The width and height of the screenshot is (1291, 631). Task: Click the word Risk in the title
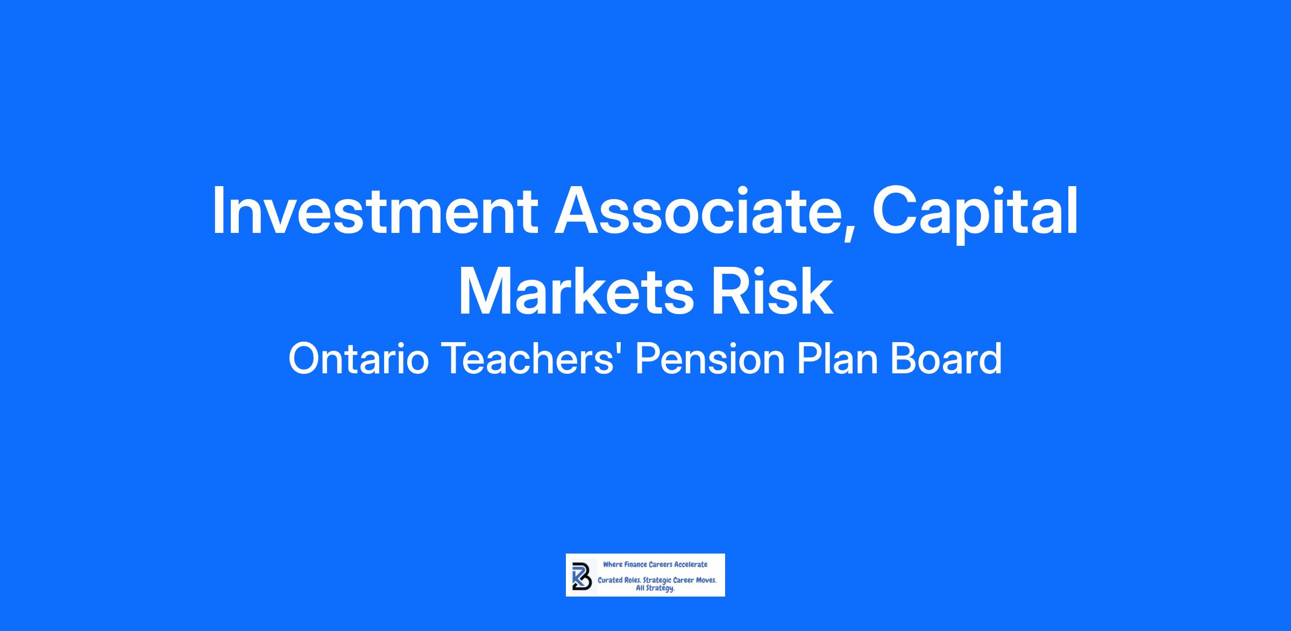point(772,290)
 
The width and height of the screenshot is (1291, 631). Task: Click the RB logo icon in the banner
point(582,576)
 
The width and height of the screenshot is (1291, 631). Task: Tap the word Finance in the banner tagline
point(636,565)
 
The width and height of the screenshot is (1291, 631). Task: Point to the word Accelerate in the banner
point(691,565)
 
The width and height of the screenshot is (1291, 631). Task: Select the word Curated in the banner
point(610,581)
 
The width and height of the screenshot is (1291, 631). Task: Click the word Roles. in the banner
point(633,581)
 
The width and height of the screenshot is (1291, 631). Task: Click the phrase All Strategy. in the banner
point(655,589)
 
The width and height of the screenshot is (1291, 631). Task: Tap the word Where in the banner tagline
point(613,565)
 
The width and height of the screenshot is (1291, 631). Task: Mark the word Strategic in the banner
point(657,582)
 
